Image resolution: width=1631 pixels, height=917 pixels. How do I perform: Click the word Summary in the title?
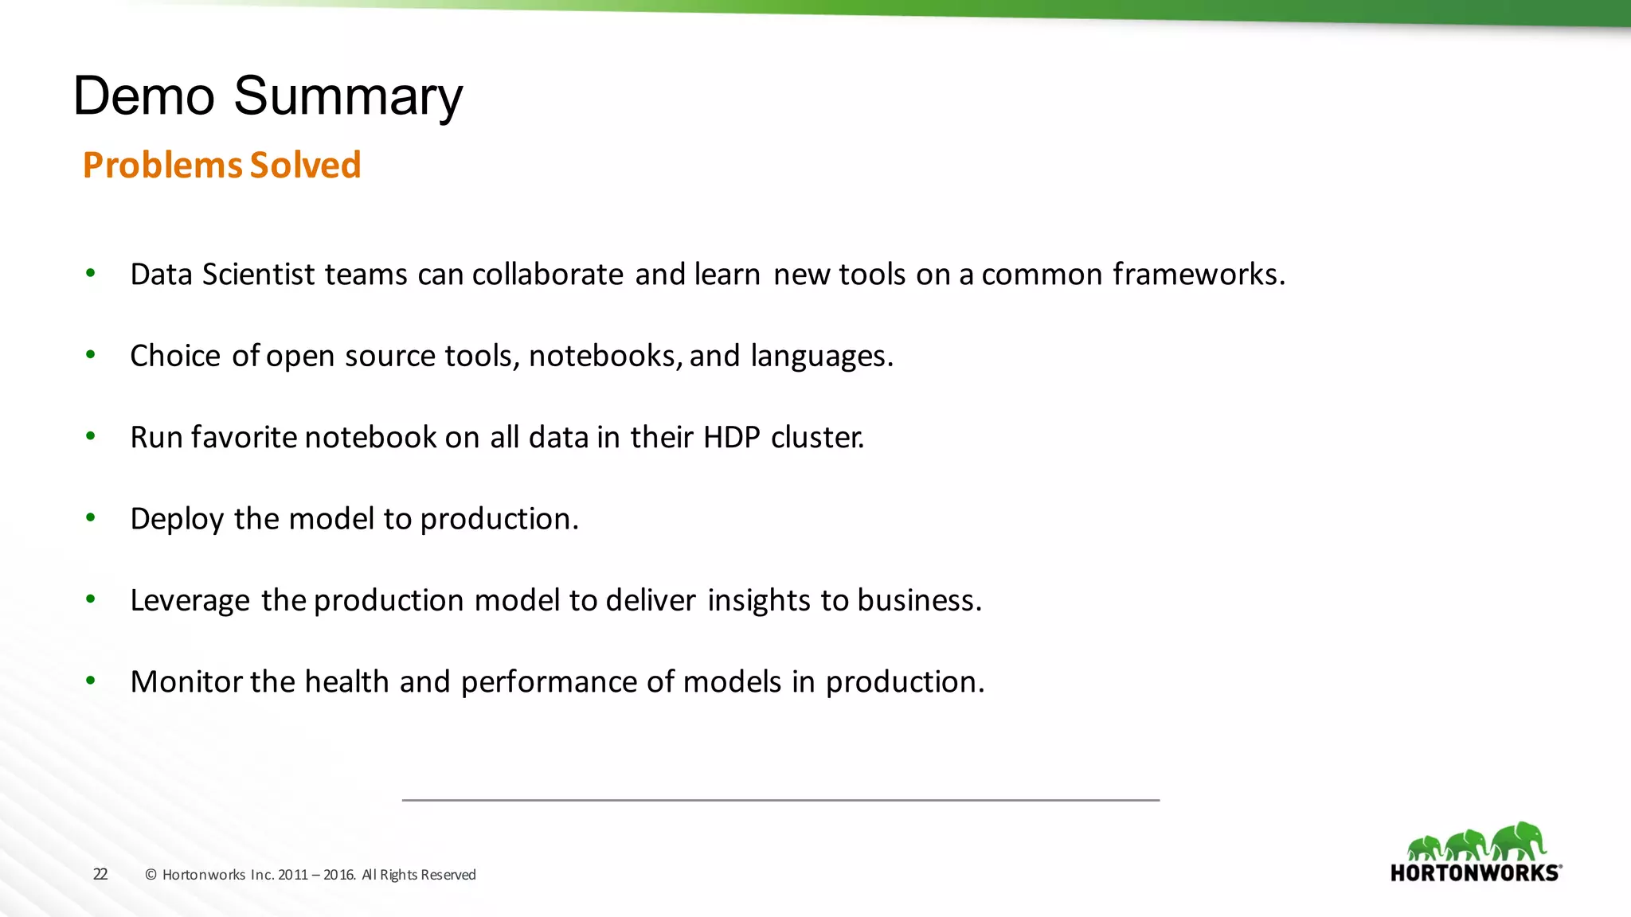pyautogui.click(x=348, y=97)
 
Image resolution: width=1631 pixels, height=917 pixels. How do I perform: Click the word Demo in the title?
pyautogui.click(x=144, y=97)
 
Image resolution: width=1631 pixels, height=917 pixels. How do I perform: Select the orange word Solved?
pyautogui.click(x=305, y=166)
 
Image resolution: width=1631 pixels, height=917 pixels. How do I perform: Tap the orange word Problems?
pyautogui.click(x=162, y=166)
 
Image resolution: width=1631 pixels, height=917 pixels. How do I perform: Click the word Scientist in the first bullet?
pyautogui.click(x=259, y=275)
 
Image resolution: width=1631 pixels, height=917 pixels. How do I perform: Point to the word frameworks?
pyautogui.click(x=1198, y=275)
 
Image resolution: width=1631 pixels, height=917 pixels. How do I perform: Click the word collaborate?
pyautogui.click(x=547, y=275)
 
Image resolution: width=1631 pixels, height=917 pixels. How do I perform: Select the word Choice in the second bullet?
pyautogui.click(x=175, y=356)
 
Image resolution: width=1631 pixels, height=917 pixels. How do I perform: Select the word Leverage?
pyautogui.click(x=190, y=601)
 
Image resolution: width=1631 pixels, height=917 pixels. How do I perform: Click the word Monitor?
pyautogui.click(x=186, y=682)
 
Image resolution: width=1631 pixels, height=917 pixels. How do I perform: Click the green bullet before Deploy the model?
pyautogui.click(x=91, y=518)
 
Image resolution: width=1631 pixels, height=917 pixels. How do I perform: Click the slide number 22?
pyautogui.click(x=100, y=874)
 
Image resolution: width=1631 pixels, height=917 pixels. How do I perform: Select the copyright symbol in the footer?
pyautogui.click(x=151, y=875)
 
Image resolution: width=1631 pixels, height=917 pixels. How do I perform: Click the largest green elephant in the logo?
pyautogui.click(x=1519, y=841)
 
